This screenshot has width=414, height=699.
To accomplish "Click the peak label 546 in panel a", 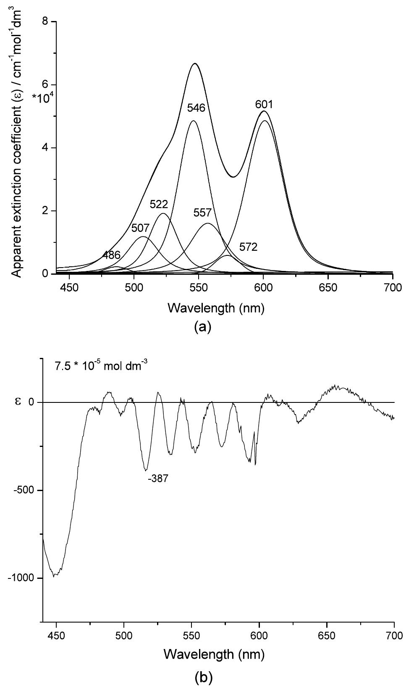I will pyautogui.click(x=196, y=108).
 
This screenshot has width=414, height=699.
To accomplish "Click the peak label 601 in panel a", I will pyautogui.click(x=264, y=104).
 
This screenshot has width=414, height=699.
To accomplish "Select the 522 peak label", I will pyautogui.click(x=159, y=205).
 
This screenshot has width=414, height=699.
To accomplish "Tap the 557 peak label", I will pyautogui.click(x=202, y=213).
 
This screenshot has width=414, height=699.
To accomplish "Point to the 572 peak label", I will pyautogui.click(x=248, y=247).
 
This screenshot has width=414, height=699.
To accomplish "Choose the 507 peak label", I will pyautogui.click(x=140, y=229).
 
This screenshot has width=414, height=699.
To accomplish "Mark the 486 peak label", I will pyautogui.click(x=112, y=255).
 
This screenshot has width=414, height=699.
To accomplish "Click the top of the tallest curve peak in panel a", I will pyautogui.click(x=195, y=63).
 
